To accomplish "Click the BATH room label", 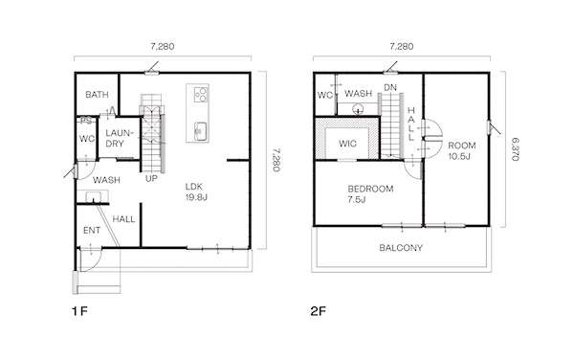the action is (97, 95).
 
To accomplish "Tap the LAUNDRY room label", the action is (117, 138).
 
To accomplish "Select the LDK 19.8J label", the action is (196, 191).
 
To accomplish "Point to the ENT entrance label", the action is (92, 231).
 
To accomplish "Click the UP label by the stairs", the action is (151, 179).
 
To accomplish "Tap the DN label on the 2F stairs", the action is (390, 87).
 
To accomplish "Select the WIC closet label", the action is (347, 144).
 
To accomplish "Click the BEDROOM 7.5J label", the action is (370, 194).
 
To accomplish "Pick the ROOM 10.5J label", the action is (462, 150).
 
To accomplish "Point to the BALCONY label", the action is (401, 248).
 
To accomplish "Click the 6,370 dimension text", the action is (515, 149).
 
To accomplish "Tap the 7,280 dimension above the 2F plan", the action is (402, 47).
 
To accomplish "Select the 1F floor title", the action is (79, 311).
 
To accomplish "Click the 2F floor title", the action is (319, 311).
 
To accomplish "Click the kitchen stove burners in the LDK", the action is (201, 94).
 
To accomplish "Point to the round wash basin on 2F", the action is (358, 109).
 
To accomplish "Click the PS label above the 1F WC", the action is (86, 120).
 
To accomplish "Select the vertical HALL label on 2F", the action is (410, 124).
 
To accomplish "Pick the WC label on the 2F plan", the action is (325, 95).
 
